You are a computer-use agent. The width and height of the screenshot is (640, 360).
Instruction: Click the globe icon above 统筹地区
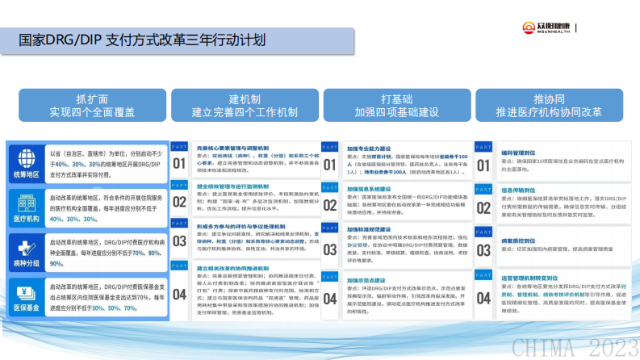click(x=25, y=157)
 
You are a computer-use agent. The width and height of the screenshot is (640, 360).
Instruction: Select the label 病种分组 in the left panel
click(x=26, y=262)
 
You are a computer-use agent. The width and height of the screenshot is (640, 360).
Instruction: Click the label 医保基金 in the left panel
click(x=26, y=308)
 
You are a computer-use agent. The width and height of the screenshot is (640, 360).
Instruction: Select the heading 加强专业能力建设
click(x=370, y=149)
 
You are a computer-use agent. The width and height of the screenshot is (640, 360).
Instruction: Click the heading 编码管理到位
click(x=520, y=151)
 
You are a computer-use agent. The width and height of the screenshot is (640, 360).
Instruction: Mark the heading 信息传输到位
click(x=520, y=190)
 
